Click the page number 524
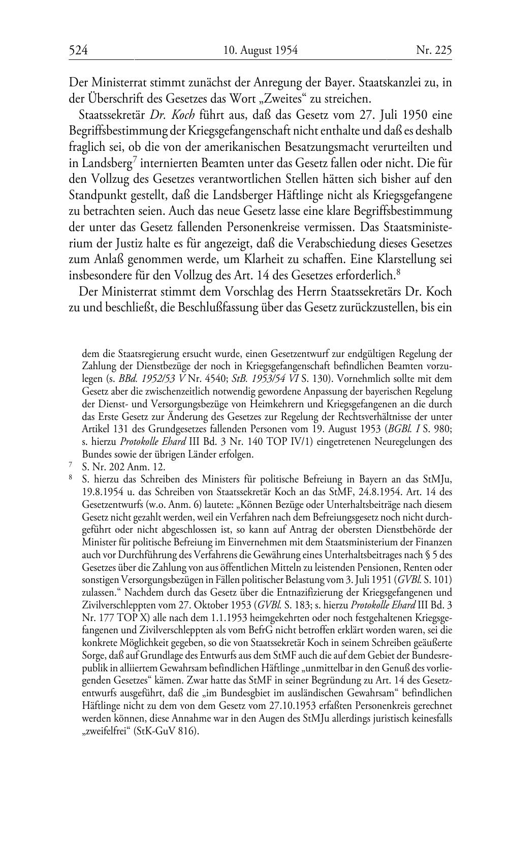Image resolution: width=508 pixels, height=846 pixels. pos(79,50)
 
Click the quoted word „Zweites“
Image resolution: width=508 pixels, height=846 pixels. pos(272,98)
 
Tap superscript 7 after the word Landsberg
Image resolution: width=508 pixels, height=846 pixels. pos(135,159)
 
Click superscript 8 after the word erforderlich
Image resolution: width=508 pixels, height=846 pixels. pos(398,273)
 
